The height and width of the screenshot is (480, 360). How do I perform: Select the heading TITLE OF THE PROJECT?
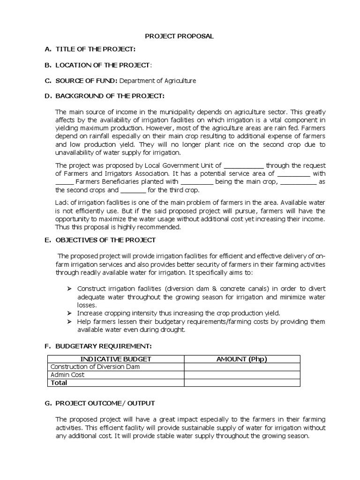pos(96,49)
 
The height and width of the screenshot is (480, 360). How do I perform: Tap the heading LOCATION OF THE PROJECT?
pos(103,65)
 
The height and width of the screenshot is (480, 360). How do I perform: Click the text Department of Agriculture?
pos(157,81)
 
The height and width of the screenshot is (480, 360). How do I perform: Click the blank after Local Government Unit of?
pos(244,165)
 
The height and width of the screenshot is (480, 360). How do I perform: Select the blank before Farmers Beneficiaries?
pos(65,182)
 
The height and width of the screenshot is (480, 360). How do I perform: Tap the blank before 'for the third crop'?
pos(134,190)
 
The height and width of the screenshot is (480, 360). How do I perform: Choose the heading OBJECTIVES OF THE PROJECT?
pos(105,240)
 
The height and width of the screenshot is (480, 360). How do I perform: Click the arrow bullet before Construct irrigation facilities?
pos(68,288)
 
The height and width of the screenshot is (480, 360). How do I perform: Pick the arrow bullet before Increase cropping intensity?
pos(68,313)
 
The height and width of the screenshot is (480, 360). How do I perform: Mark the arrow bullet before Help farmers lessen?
pos(68,322)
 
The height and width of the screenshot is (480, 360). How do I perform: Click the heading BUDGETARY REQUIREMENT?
pos(104,346)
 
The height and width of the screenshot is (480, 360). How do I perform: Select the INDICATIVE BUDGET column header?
pos(115,359)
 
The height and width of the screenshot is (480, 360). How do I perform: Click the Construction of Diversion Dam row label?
pos(95,367)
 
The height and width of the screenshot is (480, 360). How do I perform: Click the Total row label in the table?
pos(59,383)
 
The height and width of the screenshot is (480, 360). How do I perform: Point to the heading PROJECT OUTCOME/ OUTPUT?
pos(105,403)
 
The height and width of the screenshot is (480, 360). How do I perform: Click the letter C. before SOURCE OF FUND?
pos(48,81)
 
